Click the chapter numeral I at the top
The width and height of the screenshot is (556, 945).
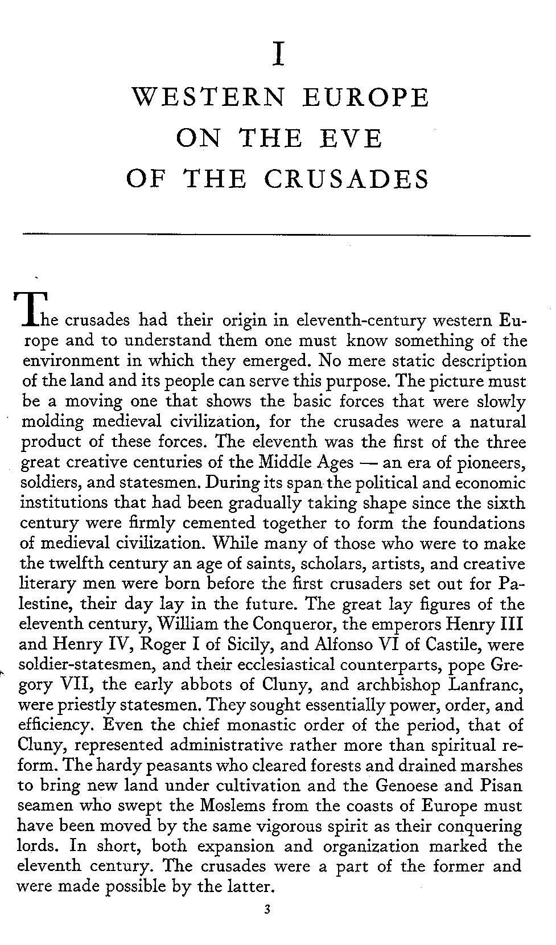pyautogui.click(x=278, y=55)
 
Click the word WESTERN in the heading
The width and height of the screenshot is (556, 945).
pyautogui.click(x=208, y=97)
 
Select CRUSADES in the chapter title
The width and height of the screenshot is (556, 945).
pyautogui.click(x=347, y=179)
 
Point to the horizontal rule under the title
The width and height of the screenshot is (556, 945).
pyautogui.click(x=276, y=235)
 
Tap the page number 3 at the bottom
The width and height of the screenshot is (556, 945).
pyautogui.click(x=267, y=909)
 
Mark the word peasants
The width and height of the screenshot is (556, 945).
pyautogui.click(x=179, y=766)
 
